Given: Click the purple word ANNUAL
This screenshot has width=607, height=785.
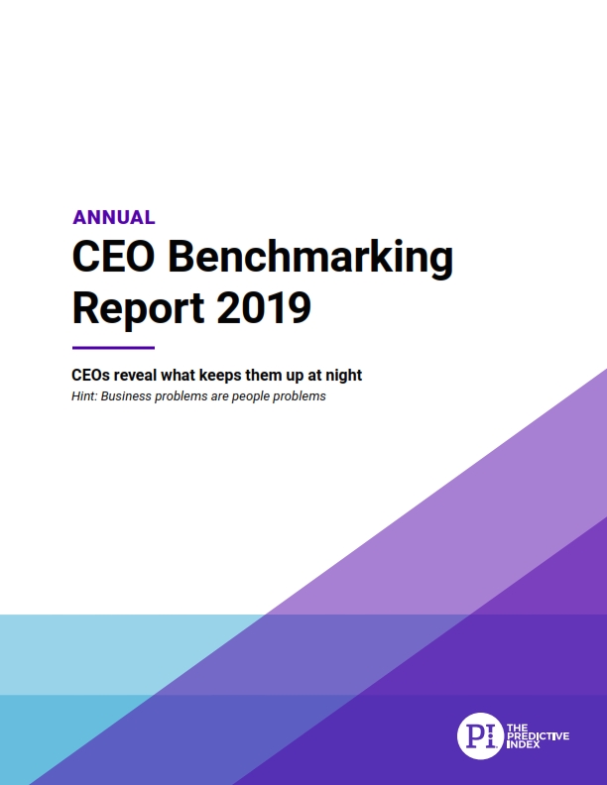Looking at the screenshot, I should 113,217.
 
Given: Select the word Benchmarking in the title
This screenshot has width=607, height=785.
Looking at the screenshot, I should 309,259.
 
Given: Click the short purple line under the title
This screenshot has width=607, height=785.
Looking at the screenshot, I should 113,348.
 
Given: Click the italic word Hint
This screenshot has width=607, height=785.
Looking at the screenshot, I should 86,396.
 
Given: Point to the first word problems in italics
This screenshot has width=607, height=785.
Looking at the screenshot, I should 191,396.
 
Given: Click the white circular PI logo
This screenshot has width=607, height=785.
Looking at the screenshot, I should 480,734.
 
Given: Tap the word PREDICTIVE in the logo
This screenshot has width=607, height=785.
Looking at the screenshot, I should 540,734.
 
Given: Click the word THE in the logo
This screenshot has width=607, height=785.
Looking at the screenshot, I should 518,726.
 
